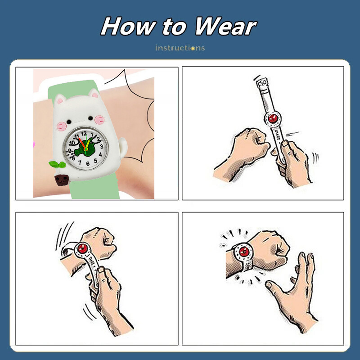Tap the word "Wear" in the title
coord(225,27)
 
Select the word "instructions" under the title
coord(180,48)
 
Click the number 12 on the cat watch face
coord(84,133)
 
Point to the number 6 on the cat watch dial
coord(88,164)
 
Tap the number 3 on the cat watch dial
coord(102,147)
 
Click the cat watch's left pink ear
coord(61,100)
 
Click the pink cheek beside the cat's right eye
coord(99,119)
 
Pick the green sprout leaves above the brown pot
coord(58,164)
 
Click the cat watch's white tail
coord(123,148)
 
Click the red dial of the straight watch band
coord(273,118)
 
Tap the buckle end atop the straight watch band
coord(262,83)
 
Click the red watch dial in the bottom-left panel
coord(82,248)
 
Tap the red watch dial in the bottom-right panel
coord(244,252)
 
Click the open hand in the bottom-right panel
coord(295,294)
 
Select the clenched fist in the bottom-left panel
coord(100,243)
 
